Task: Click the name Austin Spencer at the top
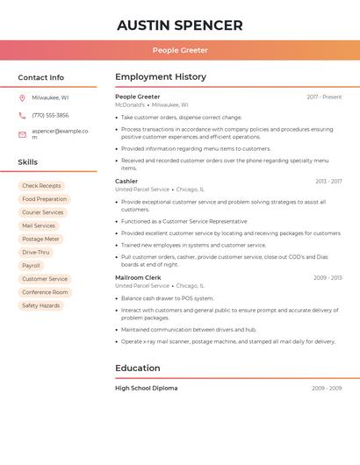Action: (x=179, y=25)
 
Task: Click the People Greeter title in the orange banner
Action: (x=180, y=51)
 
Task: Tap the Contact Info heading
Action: (x=40, y=77)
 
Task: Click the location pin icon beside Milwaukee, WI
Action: (x=22, y=97)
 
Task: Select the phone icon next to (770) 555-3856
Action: (x=22, y=115)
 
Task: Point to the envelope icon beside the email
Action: (x=22, y=134)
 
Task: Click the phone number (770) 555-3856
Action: (x=50, y=115)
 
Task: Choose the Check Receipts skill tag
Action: (x=41, y=186)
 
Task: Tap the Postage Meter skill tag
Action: (x=40, y=239)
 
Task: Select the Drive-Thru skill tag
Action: (x=36, y=252)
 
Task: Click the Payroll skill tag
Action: (x=31, y=265)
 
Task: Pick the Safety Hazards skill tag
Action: (x=41, y=305)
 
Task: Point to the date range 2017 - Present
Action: (x=324, y=97)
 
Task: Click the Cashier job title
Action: (x=126, y=182)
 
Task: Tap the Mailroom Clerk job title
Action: (x=135, y=277)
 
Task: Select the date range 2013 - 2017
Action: (x=328, y=182)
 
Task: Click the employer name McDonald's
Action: (x=129, y=104)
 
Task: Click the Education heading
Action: (x=138, y=368)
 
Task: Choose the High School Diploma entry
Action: (x=146, y=388)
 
